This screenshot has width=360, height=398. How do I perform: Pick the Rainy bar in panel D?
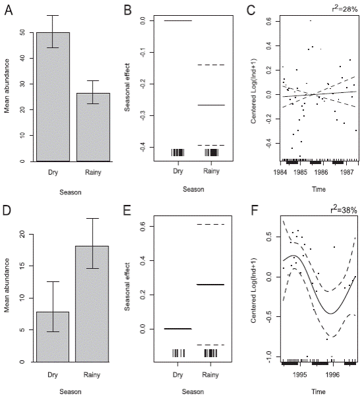[x=93, y=304]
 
